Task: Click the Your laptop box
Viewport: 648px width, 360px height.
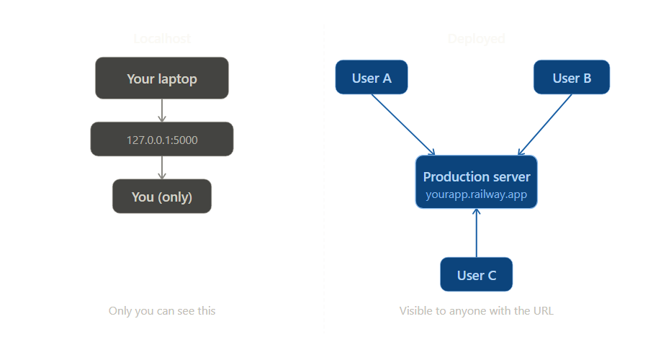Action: pos(161,78)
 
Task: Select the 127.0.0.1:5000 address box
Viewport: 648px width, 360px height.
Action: pos(161,139)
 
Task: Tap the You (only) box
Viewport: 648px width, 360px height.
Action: pos(161,196)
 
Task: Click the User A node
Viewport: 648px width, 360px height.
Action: pos(372,77)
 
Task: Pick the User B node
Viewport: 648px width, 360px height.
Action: pos(572,77)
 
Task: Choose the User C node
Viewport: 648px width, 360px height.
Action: pos(476,274)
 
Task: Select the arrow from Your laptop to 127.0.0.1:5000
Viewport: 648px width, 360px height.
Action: pos(161,110)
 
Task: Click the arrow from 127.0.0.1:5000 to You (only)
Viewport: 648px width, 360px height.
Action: pos(161,168)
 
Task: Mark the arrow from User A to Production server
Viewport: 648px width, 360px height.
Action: pos(403,124)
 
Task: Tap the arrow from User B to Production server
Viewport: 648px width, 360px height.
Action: pos(545,124)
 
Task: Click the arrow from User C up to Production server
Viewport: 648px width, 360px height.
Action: pos(476,233)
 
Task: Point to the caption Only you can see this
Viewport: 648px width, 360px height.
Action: pos(162,311)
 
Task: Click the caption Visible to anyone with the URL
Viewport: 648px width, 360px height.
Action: pos(476,311)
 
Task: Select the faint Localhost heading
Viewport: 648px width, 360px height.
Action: pos(162,38)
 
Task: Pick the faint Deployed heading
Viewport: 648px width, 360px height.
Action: pos(476,38)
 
